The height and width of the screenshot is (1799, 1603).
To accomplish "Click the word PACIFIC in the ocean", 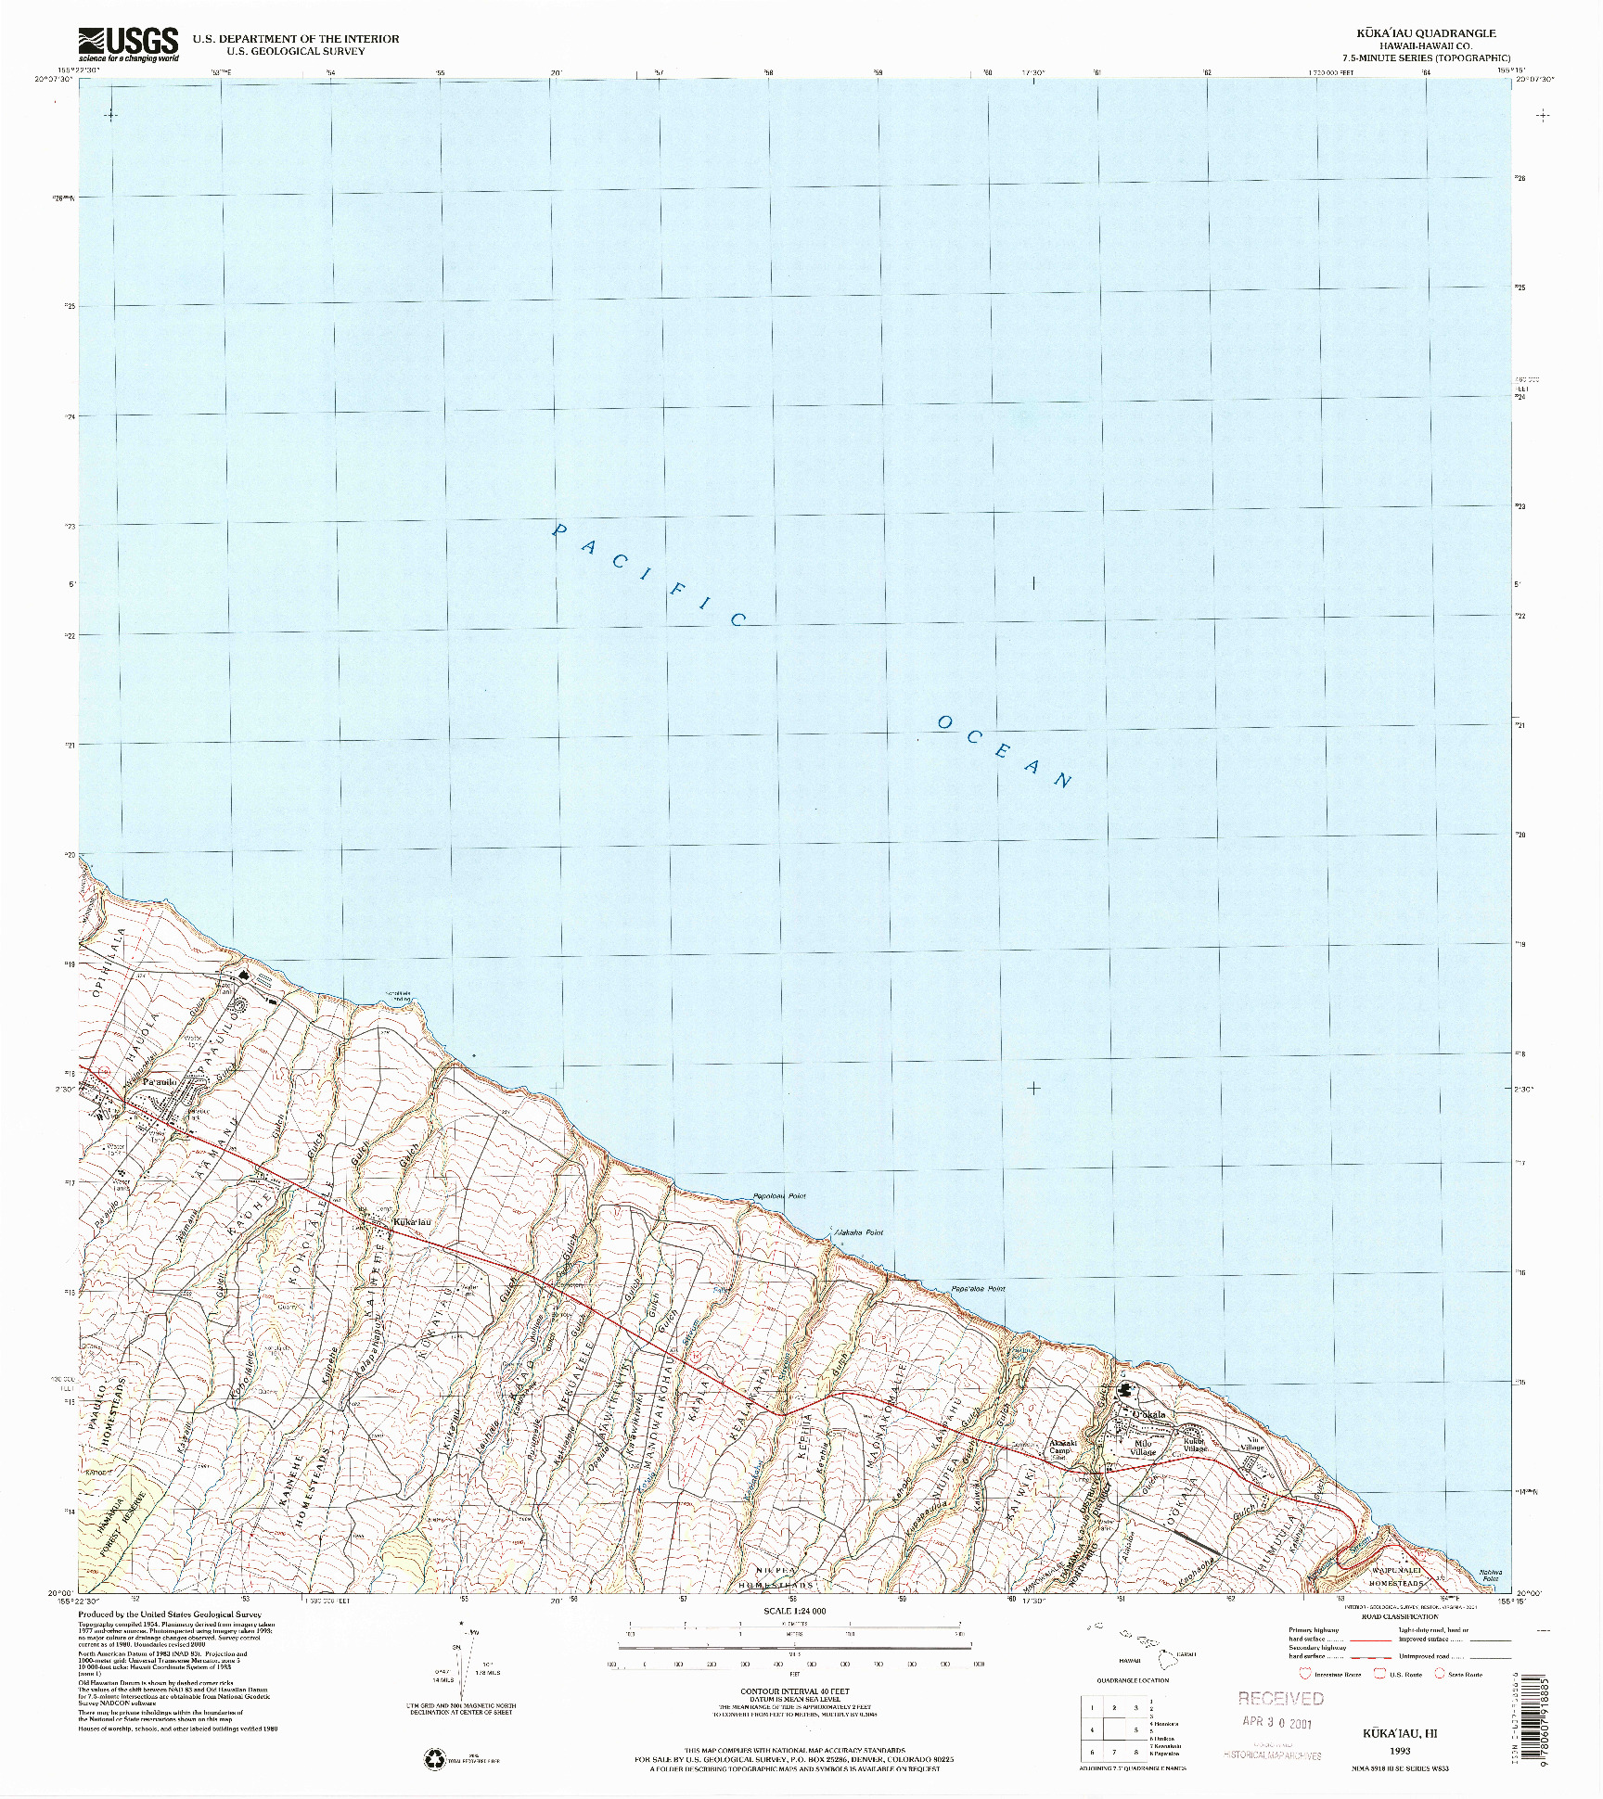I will [649, 575].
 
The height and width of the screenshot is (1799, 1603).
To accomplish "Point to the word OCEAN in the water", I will [1006, 751].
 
